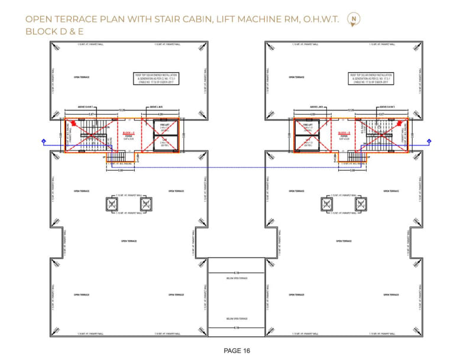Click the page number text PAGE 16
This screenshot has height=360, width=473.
[x=237, y=351]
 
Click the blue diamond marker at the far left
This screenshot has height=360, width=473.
[x=44, y=141]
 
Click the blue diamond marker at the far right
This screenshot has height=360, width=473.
[x=429, y=141]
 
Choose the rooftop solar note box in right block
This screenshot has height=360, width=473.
[x=368, y=79]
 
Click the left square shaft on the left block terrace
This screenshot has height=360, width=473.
[x=110, y=205]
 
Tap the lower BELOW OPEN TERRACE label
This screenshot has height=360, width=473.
[x=236, y=319]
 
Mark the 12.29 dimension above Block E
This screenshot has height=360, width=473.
[x=122, y=110]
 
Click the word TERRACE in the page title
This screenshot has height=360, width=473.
[x=84, y=19]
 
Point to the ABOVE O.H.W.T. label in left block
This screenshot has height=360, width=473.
[x=88, y=107]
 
